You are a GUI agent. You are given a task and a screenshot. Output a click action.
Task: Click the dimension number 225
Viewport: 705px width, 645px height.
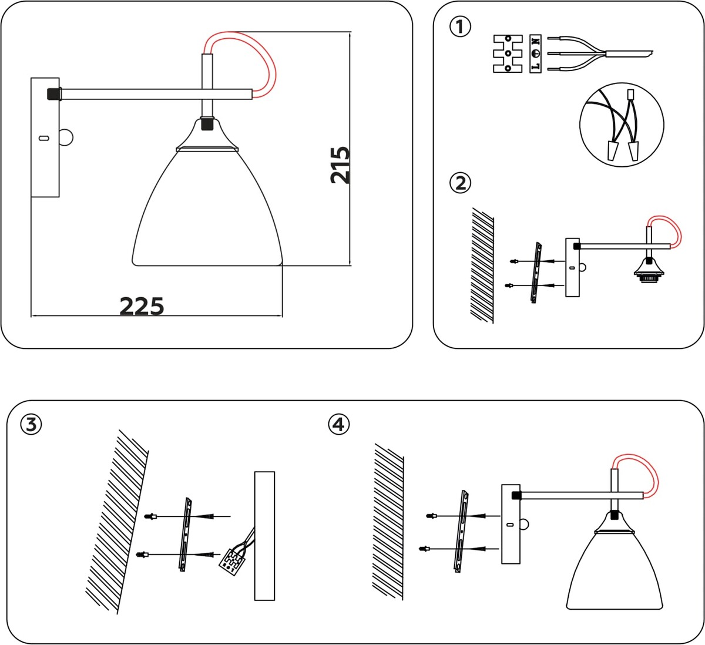coord(142,305)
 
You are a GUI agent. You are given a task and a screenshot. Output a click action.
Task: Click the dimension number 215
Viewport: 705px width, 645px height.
coord(340,165)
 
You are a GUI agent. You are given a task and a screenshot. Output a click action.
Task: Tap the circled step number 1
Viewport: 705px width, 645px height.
coord(460,26)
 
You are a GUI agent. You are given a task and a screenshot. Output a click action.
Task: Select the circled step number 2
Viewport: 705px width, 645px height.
coord(460,183)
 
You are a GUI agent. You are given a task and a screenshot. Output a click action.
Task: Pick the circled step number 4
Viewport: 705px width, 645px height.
coord(339,424)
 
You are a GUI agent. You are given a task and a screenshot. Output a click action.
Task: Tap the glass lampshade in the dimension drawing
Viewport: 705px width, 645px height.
coord(207,211)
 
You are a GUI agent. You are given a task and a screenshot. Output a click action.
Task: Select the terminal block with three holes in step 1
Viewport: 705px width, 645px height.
coord(508,53)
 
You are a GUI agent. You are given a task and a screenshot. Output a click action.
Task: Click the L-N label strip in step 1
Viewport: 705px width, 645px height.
coord(535,53)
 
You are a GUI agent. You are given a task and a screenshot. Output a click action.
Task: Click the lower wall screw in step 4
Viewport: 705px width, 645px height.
coord(425,549)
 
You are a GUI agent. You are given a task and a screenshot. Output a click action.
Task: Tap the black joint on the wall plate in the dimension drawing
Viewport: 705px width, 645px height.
coord(53,93)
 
